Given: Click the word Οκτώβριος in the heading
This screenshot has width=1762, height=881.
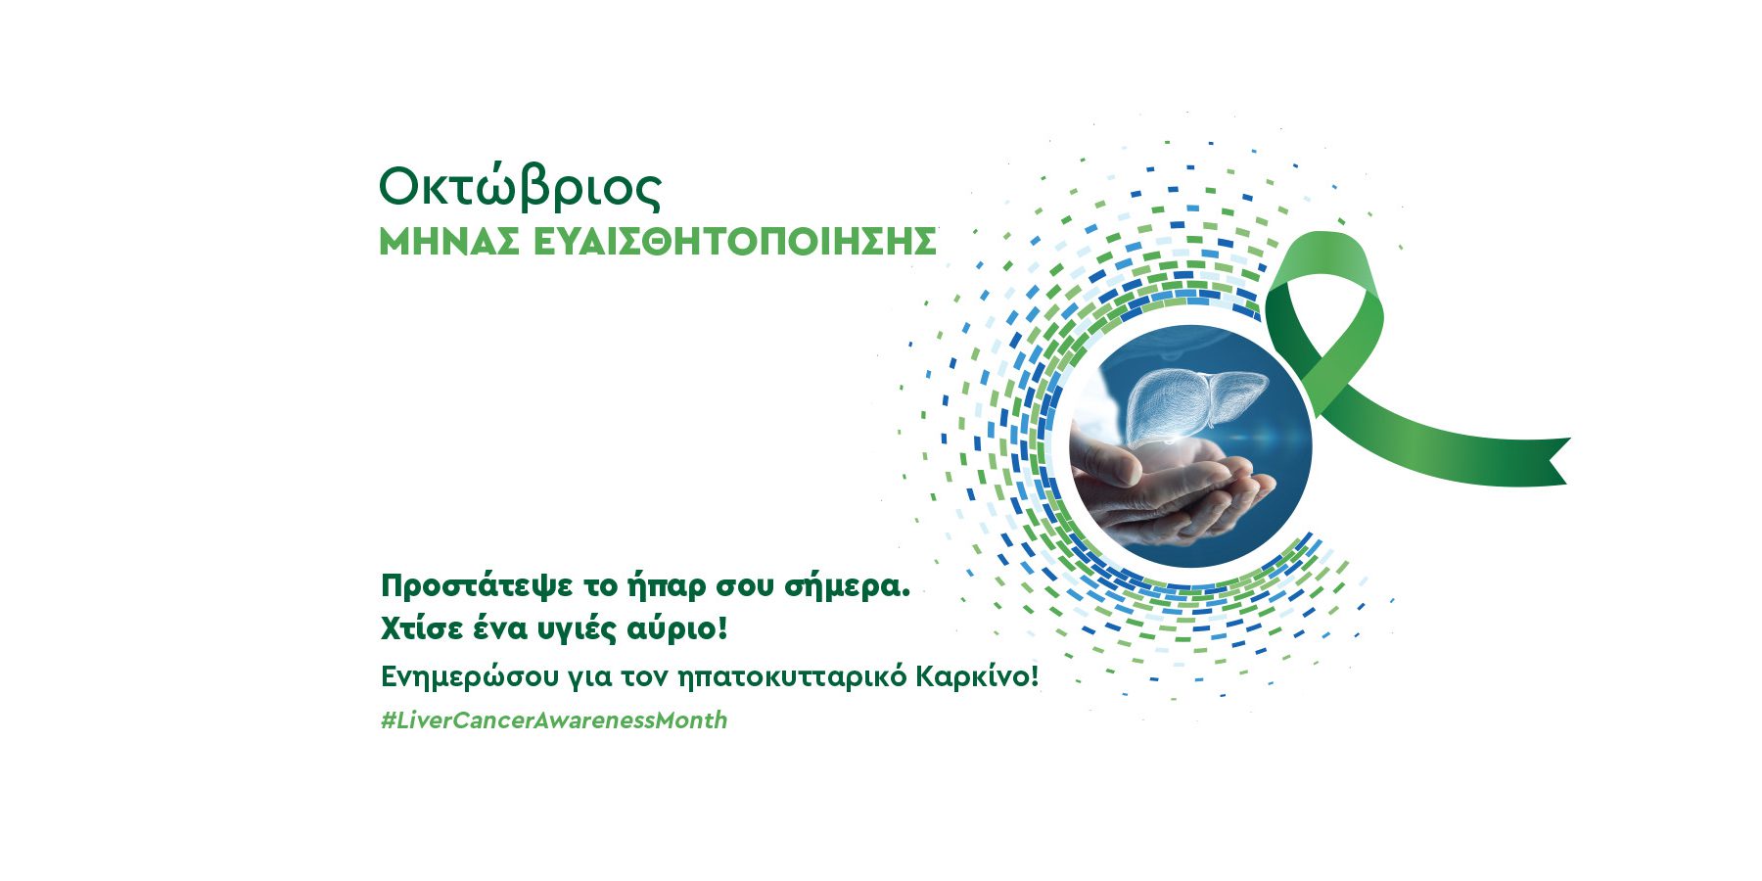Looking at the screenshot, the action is pos(520,187).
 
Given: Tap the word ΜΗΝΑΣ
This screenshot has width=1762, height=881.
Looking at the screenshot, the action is pos(449,242).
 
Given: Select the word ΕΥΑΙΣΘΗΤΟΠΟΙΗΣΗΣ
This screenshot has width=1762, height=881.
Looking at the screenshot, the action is pos(735,242).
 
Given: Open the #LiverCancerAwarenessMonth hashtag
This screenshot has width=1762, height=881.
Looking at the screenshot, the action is pos(554,720).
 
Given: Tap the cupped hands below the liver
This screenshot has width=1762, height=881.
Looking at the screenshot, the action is pos(1175,489).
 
